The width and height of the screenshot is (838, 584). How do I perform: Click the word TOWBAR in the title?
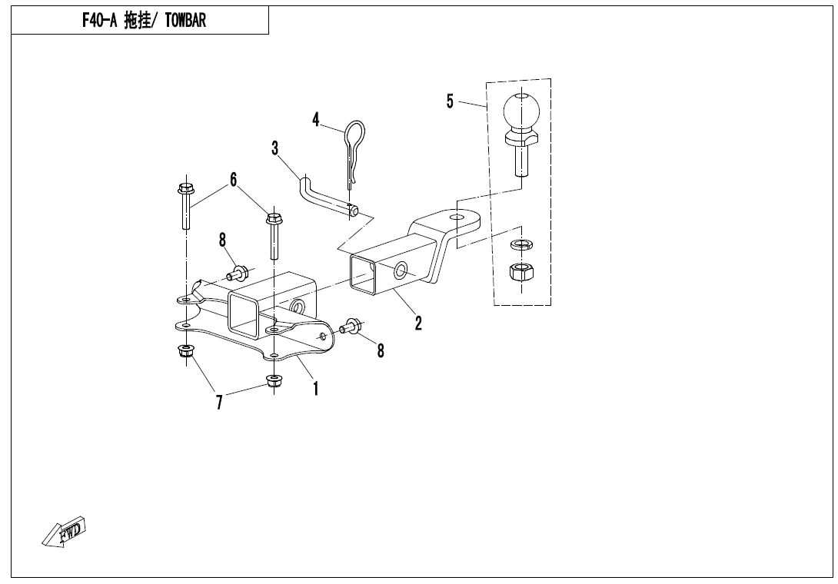(x=185, y=21)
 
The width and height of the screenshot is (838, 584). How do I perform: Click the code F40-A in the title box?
(x=99, y=21)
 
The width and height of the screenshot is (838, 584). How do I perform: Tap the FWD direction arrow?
(x=64, y=533)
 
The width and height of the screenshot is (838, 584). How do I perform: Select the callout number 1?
(x=316, y=389)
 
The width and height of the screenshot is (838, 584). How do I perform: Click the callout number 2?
(x=418, y=324)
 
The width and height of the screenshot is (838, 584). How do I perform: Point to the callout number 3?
(x=275, y=148)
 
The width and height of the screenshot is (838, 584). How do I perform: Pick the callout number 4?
(x=316, y=120)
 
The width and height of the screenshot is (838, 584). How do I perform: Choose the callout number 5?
(x=450, y=101)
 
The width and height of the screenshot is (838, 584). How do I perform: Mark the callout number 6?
(x=233, y=180)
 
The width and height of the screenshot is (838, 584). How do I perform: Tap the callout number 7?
(x=219, y=403)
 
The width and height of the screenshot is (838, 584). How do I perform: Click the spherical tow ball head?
(x=521, y=111)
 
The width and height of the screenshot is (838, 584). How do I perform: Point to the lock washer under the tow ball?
(x=521, y=244)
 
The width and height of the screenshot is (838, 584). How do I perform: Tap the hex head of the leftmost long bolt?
(x=185, y=189)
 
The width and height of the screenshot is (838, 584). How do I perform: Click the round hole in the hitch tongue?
(x=456, y=217)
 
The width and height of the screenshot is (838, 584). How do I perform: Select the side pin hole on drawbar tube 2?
(x=401, y=271)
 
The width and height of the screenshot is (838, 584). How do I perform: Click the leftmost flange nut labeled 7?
(x=185, y=351)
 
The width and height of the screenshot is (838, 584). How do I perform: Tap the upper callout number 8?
(x=222, y=241)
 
